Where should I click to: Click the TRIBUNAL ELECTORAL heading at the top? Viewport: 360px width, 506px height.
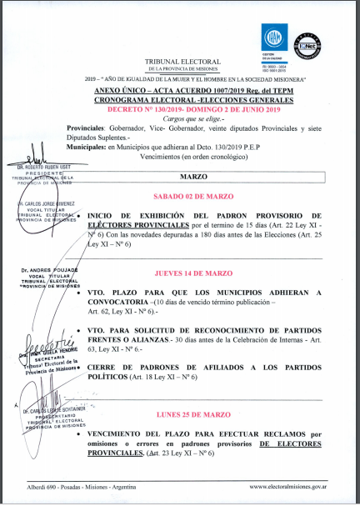pyautogui.click(x=182, y=62)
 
